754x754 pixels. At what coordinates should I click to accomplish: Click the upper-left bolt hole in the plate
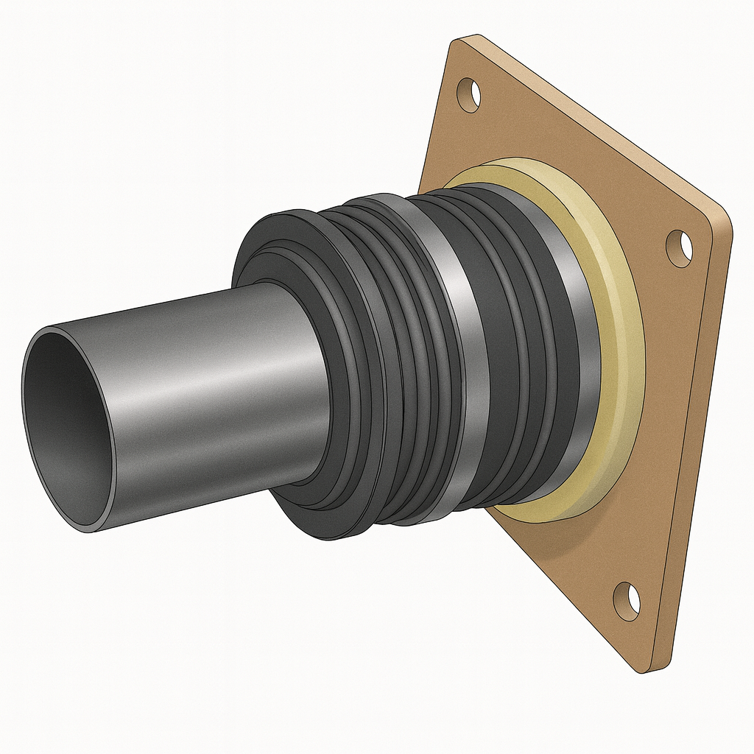point(468,94)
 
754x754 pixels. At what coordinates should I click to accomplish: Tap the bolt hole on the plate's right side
point(679,248)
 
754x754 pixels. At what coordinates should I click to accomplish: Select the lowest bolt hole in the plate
point(627,600)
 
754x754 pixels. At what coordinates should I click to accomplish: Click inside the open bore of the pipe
point(66,427)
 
